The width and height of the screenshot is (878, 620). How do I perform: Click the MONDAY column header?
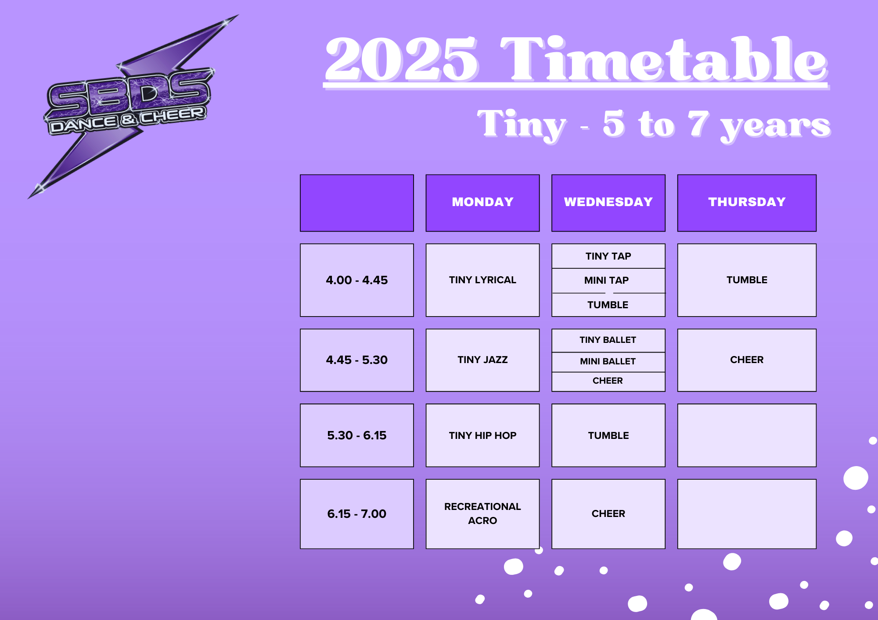(482, 203)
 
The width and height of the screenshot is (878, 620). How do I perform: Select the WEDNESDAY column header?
(608, 203)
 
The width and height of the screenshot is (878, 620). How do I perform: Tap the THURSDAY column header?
(747, 203)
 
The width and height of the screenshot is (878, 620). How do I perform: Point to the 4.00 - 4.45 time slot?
(357, 280)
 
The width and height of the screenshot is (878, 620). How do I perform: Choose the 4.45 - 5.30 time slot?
(357, 360)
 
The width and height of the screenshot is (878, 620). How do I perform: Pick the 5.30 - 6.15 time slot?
(357, 435)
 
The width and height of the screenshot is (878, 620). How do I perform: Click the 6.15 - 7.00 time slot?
(357, 514)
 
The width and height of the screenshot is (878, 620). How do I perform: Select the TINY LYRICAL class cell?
(482, 280)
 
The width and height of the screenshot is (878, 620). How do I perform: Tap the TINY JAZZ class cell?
(482, 360)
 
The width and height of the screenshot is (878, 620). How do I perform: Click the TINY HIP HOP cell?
(482, 435)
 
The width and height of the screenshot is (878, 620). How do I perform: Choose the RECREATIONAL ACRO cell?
(482, 514)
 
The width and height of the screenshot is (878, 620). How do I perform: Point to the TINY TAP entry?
(608, 256)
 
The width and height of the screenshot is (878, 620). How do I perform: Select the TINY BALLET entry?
(608, 340)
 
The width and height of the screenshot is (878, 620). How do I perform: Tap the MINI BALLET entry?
(608, 362)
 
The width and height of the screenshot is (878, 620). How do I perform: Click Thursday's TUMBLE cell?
(747, 280)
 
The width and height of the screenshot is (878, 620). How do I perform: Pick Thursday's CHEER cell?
(747, 360)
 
